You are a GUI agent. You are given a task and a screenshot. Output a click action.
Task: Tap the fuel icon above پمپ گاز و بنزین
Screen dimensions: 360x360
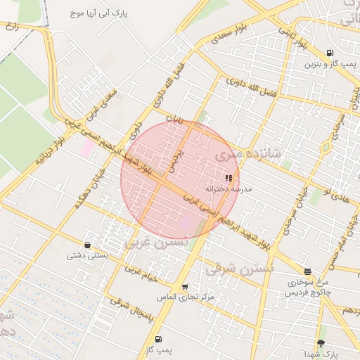(330, 53)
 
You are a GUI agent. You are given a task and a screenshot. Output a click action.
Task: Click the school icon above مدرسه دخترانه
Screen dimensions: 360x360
(229, 179)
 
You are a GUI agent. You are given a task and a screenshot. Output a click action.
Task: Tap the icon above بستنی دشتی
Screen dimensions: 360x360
(87, 245)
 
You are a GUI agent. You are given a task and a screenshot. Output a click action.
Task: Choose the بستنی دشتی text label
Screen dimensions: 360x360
(87, 255)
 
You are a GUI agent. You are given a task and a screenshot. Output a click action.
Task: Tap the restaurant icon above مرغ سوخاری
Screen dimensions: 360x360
(307, 271)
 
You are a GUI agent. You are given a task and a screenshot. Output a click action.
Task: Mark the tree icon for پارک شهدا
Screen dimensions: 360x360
(321, 343)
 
